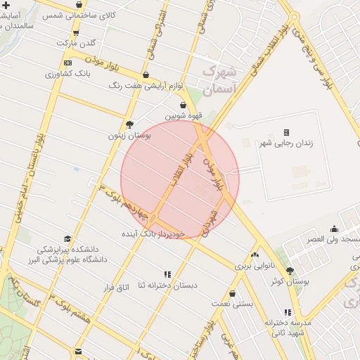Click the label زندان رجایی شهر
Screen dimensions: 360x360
pyautogui.click(x=286, y=143)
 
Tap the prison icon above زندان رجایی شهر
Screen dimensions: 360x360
pyautogui.click(x=286, y=132)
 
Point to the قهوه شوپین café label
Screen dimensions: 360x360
pyautogui.click(x=184, y=116)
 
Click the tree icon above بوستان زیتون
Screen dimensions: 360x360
pyautogui.click(x=129, y=124)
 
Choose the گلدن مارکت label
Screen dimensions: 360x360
pyautogui.click(x=76, y=43)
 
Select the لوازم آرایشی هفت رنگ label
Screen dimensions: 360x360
pyautogui.click(x=146, y=85)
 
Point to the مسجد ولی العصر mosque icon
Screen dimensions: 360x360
pyautogui.click(x=333, y=228)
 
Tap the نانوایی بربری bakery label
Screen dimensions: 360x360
pyautogui.click(x=254, y=266)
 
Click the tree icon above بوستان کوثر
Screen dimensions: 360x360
pyautogui.click(x=290, y=271)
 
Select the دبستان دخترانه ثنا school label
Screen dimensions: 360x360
pyautogui.click(x=167, y=285)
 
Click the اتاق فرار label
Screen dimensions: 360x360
pyautogui.click(x=117, y=287)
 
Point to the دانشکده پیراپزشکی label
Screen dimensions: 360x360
pyautogui.click(x=67, y=249)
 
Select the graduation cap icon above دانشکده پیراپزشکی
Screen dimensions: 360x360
pyautogui.click(x=67, y=238)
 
